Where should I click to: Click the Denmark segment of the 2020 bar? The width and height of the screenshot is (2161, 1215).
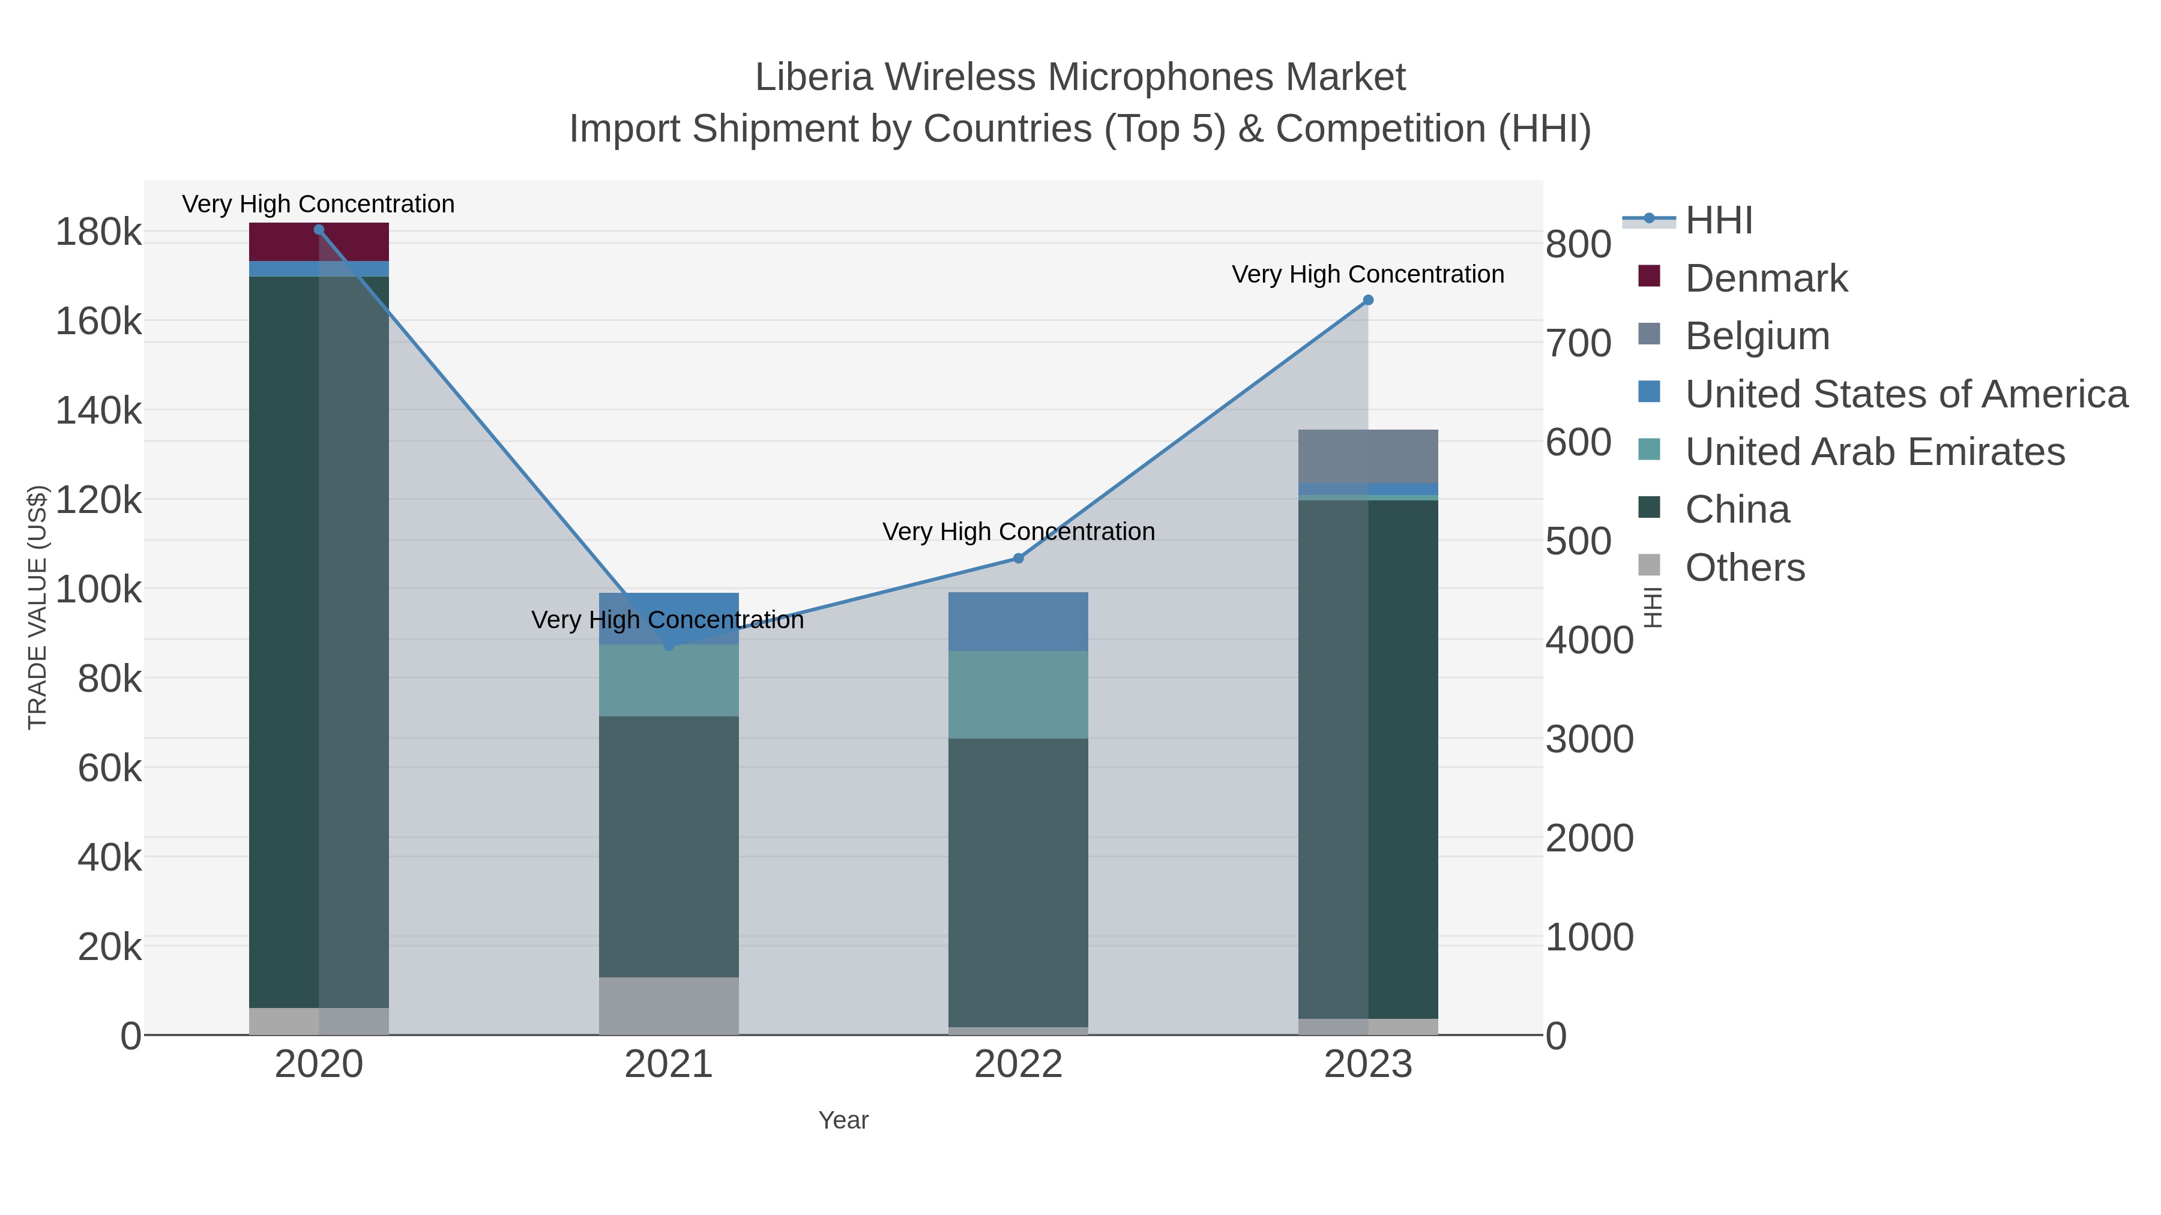coord(319,242)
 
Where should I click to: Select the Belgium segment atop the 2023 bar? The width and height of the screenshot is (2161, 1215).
coord(1367,456)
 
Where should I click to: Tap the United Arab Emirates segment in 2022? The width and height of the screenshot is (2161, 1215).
coord(1017,694)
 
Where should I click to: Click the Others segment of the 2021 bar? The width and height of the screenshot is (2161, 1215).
coord(669,1006)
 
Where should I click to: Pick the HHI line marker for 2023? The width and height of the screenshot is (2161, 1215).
coord(1367,300)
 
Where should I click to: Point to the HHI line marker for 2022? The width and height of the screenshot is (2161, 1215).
coord(1017,559)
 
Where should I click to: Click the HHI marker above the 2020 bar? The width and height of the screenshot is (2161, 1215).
coord(319,230)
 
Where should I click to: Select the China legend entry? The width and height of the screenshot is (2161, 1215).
coord(1737,510)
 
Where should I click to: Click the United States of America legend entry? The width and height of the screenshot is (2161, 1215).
coord(1904,394)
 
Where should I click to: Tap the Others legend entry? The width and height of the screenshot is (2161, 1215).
coord(1744,568)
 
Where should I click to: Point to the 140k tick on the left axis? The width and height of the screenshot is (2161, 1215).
coord(99,411)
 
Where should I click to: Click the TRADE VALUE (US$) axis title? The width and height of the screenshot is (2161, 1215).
coord(38,607)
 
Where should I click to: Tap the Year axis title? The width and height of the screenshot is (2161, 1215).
coord(843,1120)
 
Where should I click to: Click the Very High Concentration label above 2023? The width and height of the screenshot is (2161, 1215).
coord(1367,274)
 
